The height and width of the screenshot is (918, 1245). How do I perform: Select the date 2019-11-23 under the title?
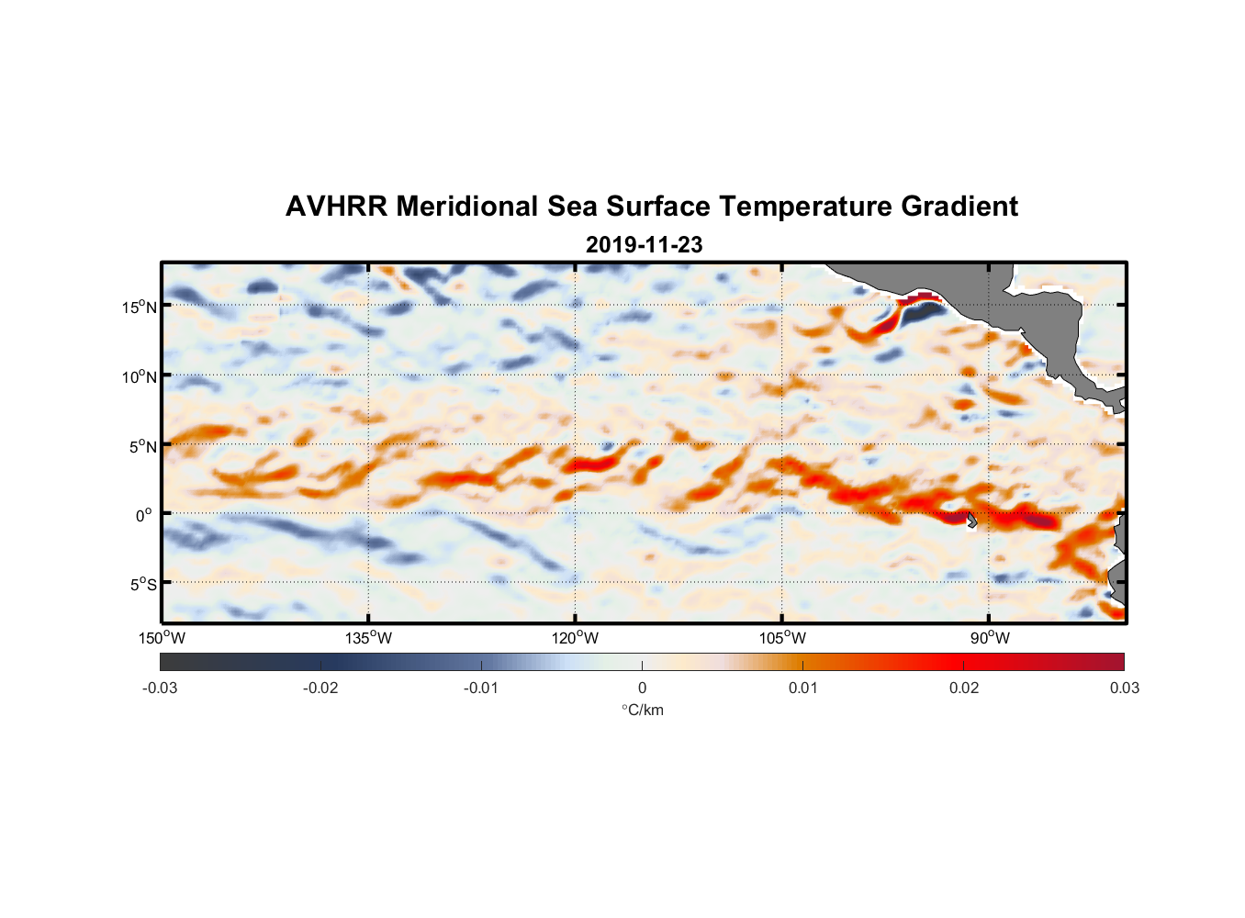(x=644, y=245)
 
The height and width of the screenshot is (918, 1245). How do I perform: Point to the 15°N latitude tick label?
(x=140, y=307)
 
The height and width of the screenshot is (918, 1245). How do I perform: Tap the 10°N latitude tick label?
(x=140, y=376)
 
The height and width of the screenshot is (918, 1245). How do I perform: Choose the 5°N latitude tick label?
(x=142, y=446)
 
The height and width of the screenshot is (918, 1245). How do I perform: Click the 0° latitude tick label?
(x=144, y=515)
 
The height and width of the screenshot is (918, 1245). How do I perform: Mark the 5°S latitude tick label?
(x=142, y=584)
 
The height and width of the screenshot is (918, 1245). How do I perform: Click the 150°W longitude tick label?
(x=162, y=638)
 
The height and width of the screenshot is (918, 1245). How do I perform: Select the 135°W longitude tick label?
(x=369, y=638)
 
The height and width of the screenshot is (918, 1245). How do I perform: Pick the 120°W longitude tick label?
(x=576, y=638)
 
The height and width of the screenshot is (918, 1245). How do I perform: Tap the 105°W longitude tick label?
(x=782, y=638)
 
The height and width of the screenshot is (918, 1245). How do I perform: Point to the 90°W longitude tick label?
(x=990, y=638)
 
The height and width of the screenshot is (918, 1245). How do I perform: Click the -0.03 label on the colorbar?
(x=160, y=688)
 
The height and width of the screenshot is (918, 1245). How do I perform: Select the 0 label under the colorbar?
(x=642, y=688)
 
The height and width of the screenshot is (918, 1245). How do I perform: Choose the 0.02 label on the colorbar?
(x=964, y=688)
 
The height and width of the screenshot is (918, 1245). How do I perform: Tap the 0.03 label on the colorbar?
(x=1124, y=688)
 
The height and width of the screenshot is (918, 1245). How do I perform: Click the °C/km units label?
(x=642, y=710)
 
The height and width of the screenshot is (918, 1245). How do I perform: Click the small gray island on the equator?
(x=970, y=521)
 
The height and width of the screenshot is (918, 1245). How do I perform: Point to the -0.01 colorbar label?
(x=481, y=688)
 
